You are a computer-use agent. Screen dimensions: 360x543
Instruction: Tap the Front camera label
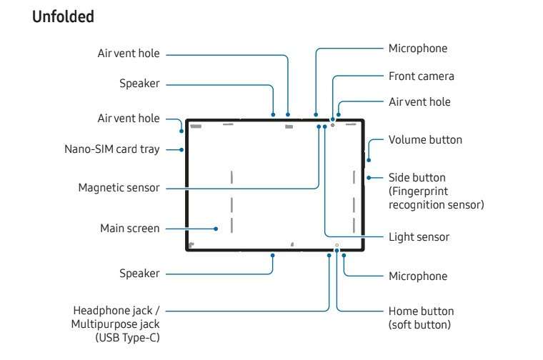(421, 76)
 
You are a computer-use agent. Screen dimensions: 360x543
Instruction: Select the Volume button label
(425, 140)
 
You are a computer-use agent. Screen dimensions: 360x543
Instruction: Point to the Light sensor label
(419, 236)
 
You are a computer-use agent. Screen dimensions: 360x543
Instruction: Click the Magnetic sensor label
(119, 188)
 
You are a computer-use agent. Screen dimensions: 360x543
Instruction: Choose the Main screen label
(130, 229)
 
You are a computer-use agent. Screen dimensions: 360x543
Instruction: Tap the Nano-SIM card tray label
(111, 149)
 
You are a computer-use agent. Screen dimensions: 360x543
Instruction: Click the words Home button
(421, 311)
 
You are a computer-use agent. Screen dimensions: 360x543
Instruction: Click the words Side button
(417, 177)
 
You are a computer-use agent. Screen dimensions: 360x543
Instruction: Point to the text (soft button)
(419, 324)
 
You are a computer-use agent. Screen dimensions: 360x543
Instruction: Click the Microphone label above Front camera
(418, 49)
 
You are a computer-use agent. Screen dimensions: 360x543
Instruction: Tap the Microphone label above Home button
(418, 276)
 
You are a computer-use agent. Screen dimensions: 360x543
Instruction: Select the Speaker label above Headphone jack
(139, 274)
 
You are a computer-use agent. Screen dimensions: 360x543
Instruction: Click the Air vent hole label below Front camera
(419, 102)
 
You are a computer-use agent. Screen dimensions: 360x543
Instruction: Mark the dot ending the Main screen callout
(216, 229)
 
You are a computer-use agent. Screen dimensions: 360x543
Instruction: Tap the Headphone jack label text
(117, 311)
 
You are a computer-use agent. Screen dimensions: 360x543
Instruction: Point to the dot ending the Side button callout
(368, 178)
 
